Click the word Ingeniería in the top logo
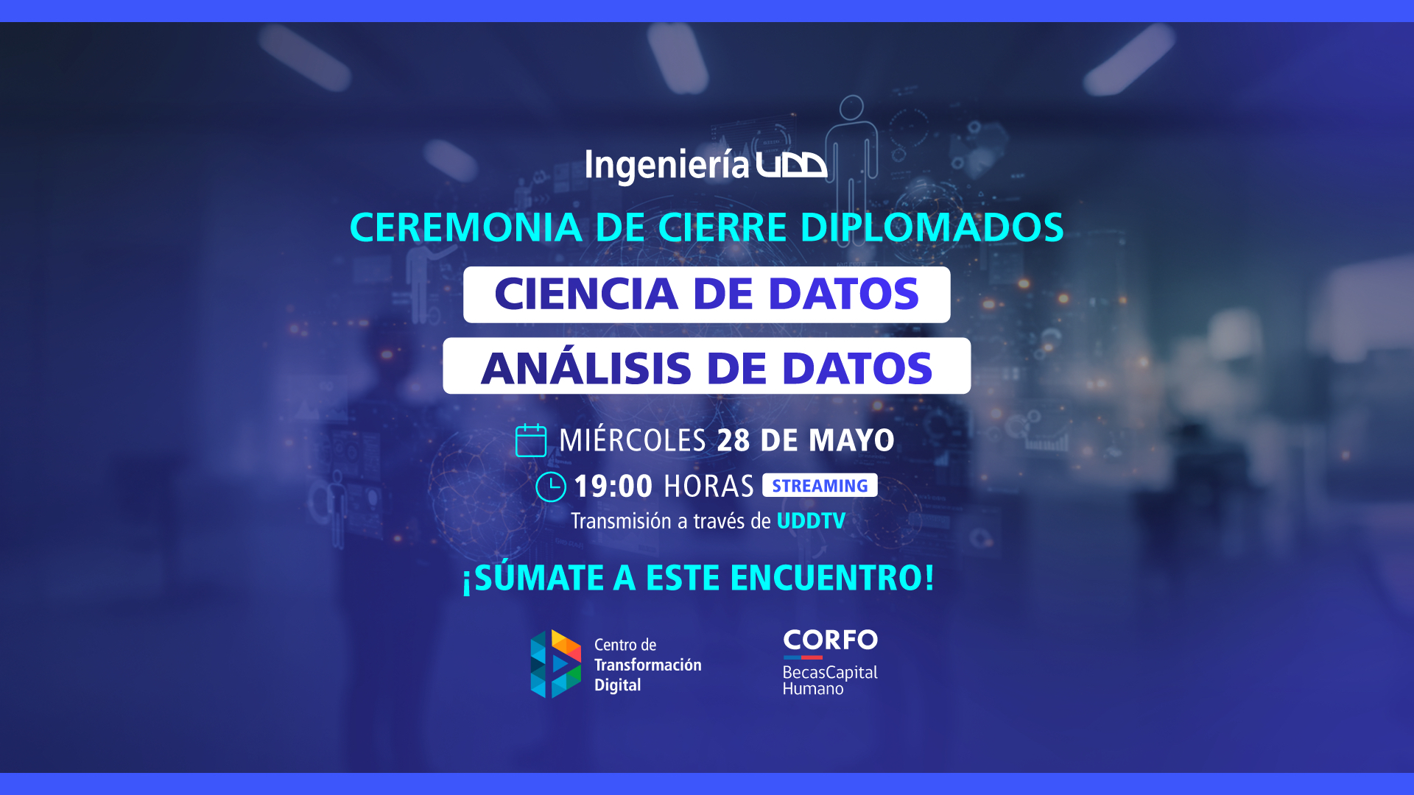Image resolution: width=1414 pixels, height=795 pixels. [x=666, y=166]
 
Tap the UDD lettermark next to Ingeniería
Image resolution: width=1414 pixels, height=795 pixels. [x=792, y=165]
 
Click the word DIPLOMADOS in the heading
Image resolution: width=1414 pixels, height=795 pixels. [x=932, y=227]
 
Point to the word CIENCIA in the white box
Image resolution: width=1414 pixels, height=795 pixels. [x=586, y=294]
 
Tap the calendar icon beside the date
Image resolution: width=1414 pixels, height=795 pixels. [x=531, y=440]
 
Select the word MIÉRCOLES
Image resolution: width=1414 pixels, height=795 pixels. [x=633, y=439]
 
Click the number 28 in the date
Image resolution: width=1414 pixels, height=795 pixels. [x=733, y=440]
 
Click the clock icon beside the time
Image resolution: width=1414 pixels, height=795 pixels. [x=551, y=487]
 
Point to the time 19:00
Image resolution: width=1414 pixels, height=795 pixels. [x=613, y=487]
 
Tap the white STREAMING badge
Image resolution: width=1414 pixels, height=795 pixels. [x=820, y=485]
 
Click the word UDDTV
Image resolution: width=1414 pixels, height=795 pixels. [x=811, y=521]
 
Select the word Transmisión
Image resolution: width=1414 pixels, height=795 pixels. [x=621, y=521]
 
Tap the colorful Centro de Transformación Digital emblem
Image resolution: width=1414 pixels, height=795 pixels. [x=556, y=664]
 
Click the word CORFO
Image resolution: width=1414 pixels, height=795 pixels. [x=830, y=640]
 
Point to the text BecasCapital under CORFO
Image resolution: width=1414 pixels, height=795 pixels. [x=830, y=672]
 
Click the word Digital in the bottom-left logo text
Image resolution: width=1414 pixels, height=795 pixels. [x=617, y=685]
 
